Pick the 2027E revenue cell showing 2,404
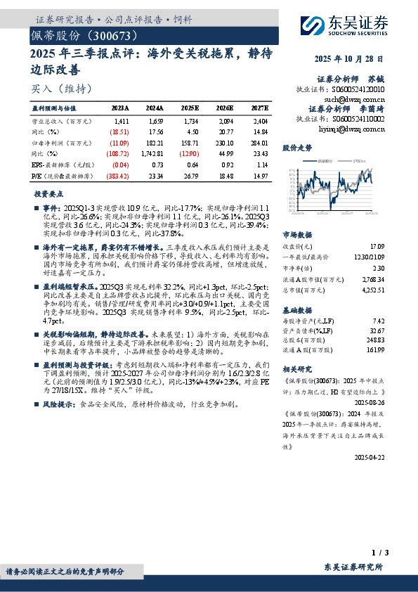click(x=260, y=122)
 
